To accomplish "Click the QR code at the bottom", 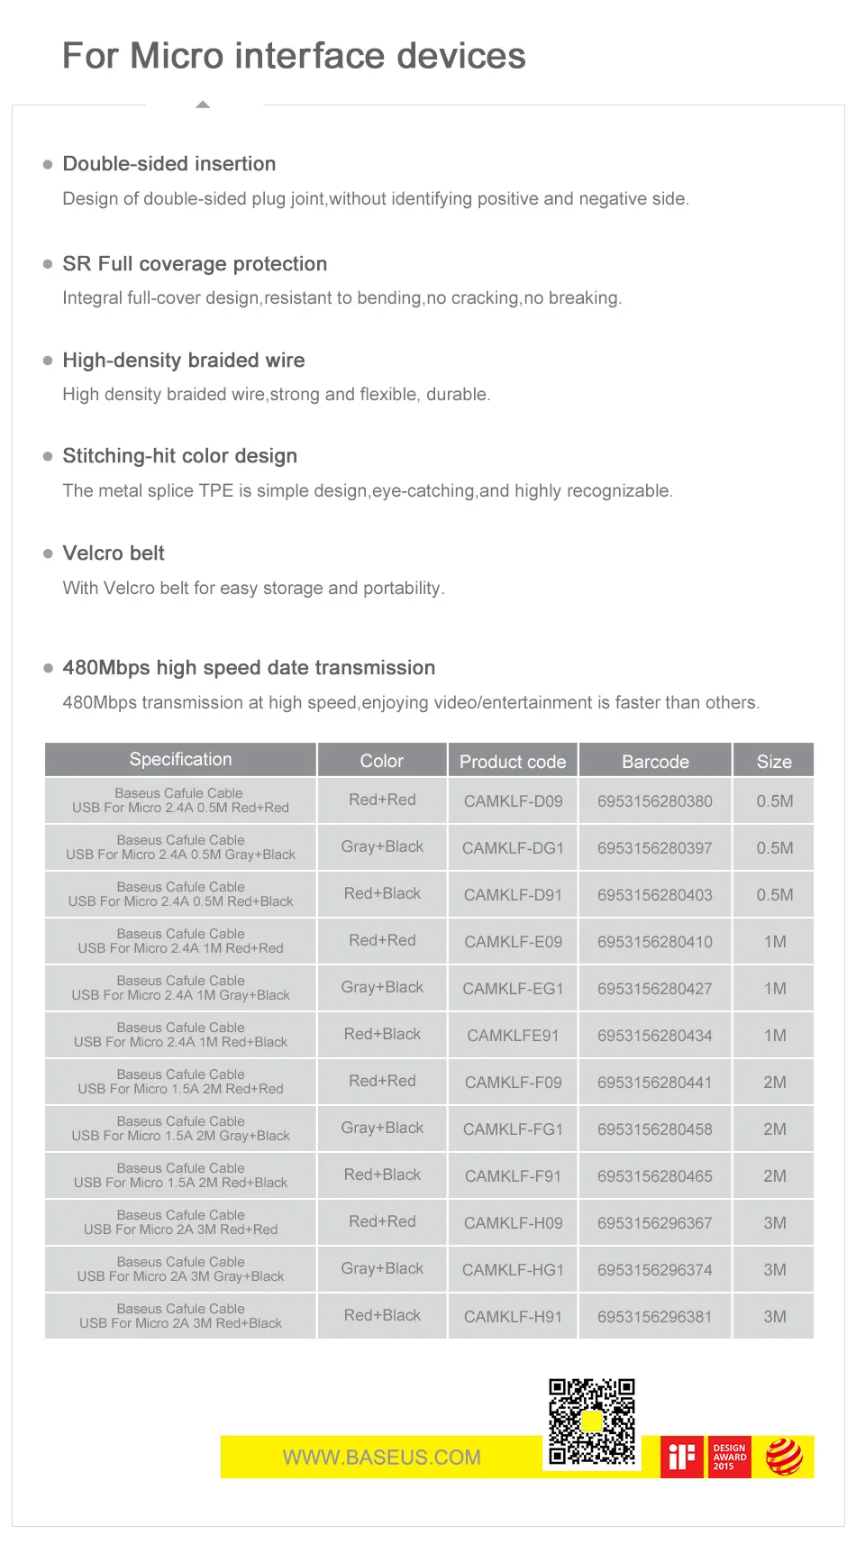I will [x=592, y=1421].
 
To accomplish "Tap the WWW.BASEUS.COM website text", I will [x=381, y=1458].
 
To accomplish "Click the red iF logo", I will [x=681, y=1457].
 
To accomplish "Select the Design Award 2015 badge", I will [x=729, y=1457].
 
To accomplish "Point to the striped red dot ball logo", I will [x=784, y=1457].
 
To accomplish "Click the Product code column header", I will [x=513, y=761].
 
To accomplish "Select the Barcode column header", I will [x=655, y=761].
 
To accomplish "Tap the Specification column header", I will [x=180, y=759].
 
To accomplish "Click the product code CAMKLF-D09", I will [x=513, y=800].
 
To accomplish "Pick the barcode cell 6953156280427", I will [x=655, y=988].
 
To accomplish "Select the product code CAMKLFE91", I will [x=513, y=1035].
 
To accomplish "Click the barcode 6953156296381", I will [x=655, y=1316].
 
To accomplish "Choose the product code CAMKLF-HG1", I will [x=513, y=1269].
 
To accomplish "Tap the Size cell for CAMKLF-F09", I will [x=774, y=1082].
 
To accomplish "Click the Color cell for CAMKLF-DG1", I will [x=382, y=846].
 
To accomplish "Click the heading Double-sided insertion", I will [x=169, y=164].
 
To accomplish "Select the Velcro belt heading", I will [x=114, y=553].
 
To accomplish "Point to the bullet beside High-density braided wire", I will [x=48, y=361].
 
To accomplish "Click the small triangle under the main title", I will [x=203, y=105].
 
